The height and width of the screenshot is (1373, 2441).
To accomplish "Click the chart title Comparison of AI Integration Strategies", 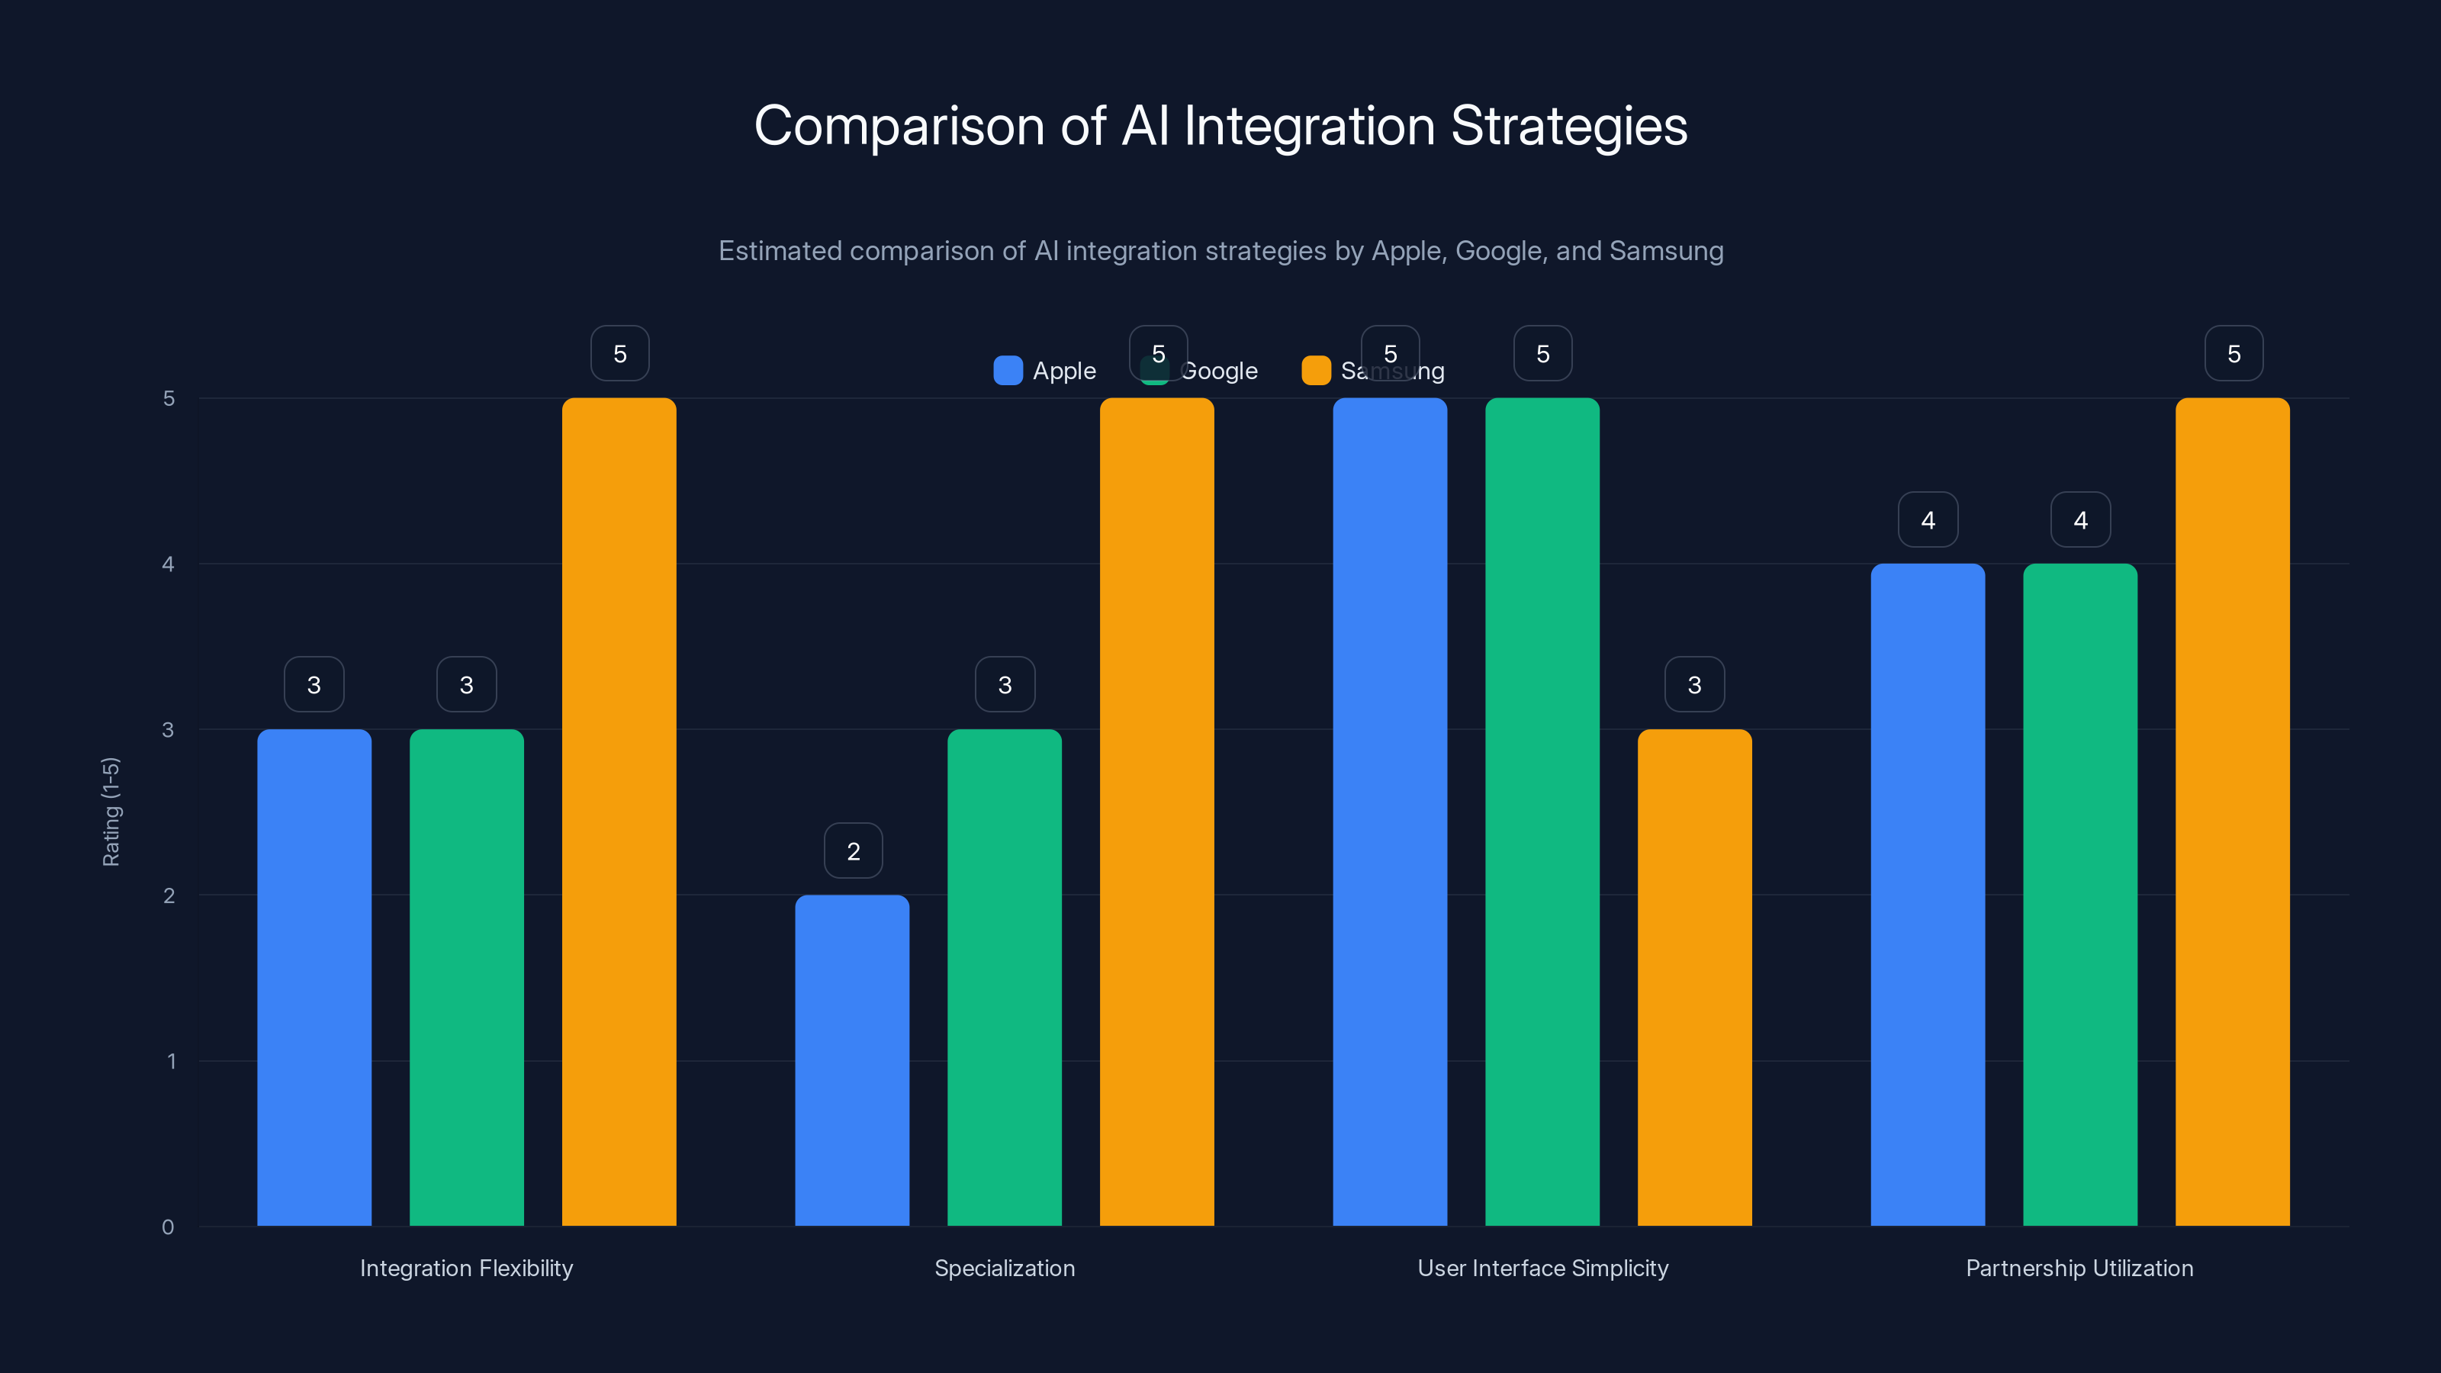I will point(1220,126).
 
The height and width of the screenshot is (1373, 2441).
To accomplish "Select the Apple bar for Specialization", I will point(852,1061).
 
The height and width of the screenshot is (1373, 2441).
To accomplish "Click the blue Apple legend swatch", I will point(1007,371).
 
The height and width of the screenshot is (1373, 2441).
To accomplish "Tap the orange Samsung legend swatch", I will point(1316,371).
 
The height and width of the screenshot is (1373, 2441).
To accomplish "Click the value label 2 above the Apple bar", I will point(853,851).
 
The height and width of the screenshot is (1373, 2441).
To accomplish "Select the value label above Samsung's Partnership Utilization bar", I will point(2234,353).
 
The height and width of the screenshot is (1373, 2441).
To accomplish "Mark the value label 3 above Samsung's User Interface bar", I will point(1694,684).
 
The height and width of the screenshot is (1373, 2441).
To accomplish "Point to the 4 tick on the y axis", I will point(169,564).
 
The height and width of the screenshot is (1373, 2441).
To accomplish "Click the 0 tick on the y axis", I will point(169,1227).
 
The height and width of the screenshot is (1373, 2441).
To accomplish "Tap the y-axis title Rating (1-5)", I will point(111,812).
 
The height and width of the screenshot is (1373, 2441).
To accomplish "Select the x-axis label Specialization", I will point(1005,1268).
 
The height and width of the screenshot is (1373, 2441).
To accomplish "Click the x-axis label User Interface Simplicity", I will point(1542,1268).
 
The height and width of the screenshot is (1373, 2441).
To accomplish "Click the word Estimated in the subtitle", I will point(779,251).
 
